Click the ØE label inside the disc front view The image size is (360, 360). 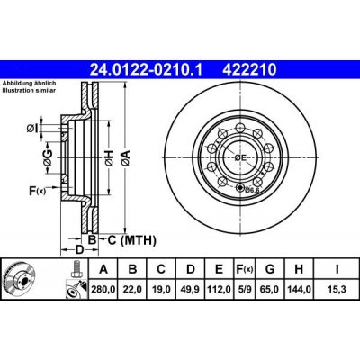coord(240,157)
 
